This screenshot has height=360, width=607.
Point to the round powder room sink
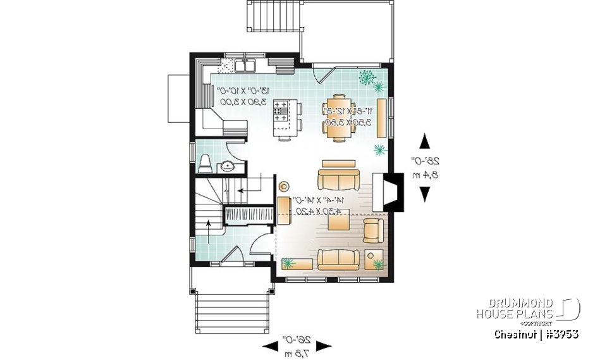[226, 167]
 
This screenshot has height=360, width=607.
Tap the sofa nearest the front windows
[338, 259]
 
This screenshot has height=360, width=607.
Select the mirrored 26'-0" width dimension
[297, 345]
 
